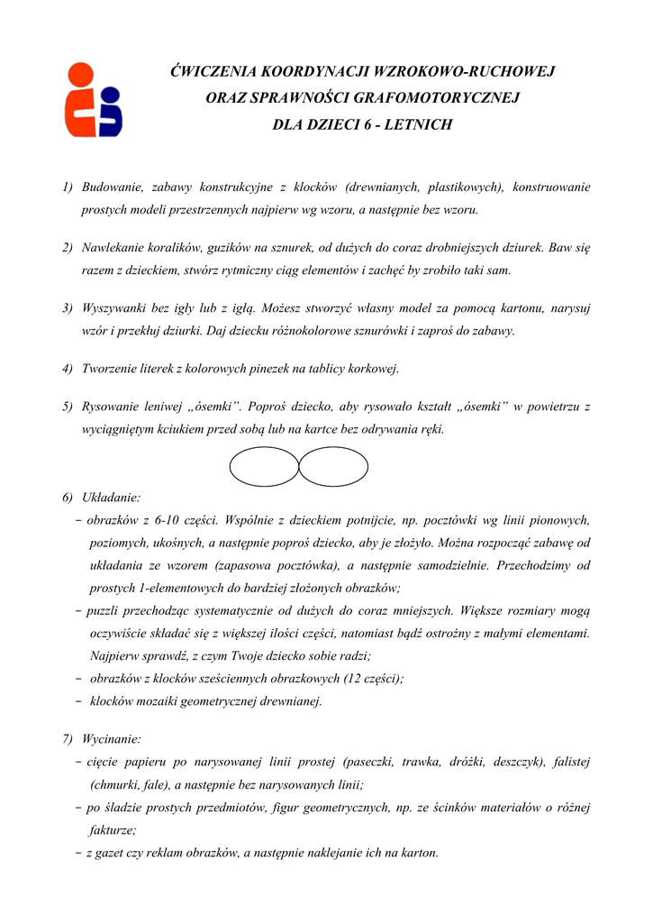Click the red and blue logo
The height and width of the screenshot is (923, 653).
point(93,99)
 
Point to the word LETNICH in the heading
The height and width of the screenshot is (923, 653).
point(418,124)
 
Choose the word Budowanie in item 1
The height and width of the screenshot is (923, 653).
point(112,187)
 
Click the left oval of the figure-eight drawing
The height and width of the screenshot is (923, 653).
point(264,467)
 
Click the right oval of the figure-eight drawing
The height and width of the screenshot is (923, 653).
point(333,467)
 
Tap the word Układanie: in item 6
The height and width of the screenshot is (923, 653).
point(111,497)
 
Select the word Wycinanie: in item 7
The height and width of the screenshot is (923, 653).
point(111,739)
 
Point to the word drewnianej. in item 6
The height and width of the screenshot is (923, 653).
point(290,701)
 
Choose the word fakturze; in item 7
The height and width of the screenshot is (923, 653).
point(113,830)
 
